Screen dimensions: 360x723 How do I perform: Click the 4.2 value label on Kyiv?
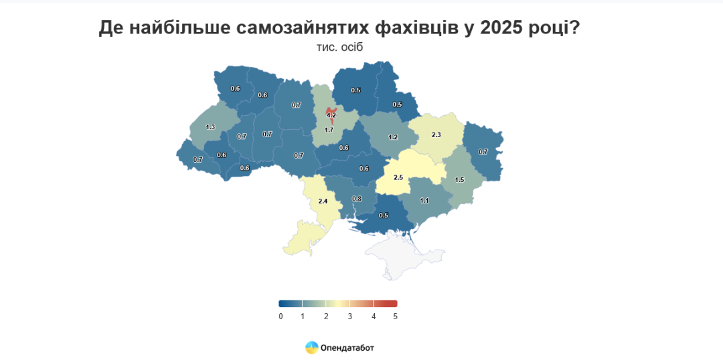[331, 115]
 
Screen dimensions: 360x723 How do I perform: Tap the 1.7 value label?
[329, 130]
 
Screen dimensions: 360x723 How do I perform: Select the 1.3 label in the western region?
[210, 126]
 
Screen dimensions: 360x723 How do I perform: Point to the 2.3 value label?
[436, 134]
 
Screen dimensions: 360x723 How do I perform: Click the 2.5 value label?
[398, 177]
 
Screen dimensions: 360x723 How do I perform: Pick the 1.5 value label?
[459, 180]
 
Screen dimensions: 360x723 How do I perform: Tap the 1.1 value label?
[424, 201]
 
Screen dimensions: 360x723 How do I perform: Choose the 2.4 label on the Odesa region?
[323, 201]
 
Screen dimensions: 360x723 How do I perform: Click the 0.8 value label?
[357, 199]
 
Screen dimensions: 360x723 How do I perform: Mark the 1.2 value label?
[394, 137]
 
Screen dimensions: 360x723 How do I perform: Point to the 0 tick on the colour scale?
[280, 316]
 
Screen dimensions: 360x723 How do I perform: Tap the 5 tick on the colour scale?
[396, 316]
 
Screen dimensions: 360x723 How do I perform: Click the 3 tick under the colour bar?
[349, 316]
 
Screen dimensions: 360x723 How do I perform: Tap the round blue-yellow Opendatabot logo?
[311, 347]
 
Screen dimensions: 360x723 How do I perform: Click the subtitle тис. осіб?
[339, 48]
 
